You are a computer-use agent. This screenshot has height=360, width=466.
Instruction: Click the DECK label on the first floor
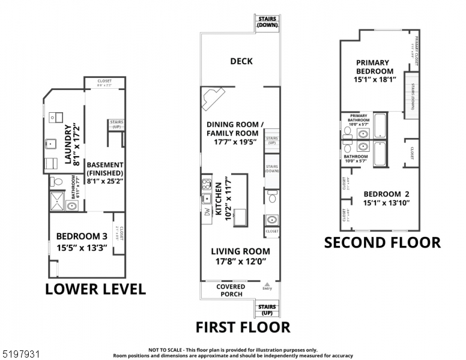[x=241, y=61]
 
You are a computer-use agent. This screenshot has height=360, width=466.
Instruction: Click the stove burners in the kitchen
[x=206, y=184]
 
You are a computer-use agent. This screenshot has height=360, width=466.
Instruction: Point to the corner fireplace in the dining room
[x=213, y=98]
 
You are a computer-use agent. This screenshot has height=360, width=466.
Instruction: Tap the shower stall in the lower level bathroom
[x=56, y=202]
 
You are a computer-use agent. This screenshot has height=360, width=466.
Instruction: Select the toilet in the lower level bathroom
[x=56, y=181]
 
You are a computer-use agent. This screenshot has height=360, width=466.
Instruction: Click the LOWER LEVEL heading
[x=95, y=289]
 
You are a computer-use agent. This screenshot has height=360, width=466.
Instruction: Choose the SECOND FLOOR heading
[x=382, y=242]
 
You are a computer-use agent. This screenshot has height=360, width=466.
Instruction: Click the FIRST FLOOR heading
[x=243, y=327]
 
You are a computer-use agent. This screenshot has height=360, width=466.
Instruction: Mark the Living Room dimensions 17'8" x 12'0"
[x=240, y=262]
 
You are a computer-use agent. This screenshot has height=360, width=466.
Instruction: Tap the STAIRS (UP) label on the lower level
[x=116, y=124]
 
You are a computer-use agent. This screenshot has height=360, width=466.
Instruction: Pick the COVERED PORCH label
[x=231, y=290]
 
